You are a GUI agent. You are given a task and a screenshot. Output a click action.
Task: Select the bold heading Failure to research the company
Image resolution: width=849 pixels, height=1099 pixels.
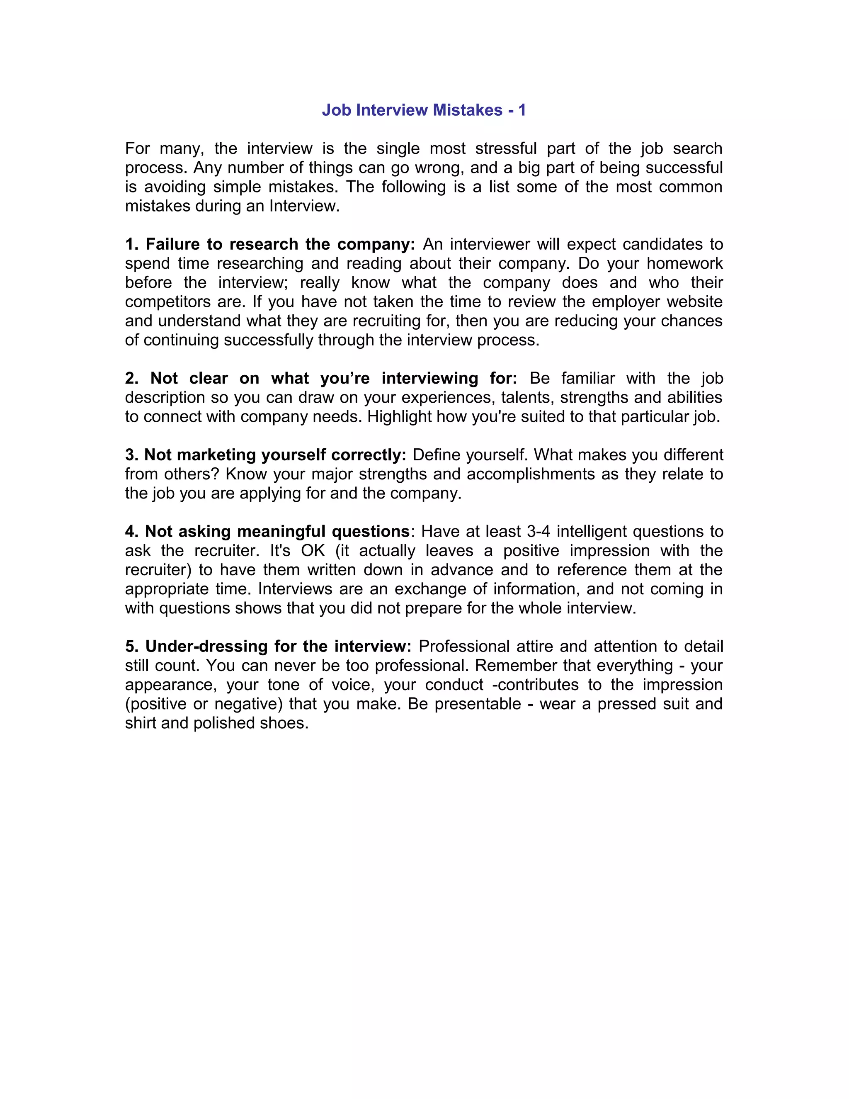click(x=270, y=245)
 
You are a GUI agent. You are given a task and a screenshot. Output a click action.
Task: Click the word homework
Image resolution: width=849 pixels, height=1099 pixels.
click(x=684, y=264)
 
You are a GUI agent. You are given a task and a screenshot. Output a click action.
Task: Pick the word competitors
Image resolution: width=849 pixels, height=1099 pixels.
click(x=167, y=302)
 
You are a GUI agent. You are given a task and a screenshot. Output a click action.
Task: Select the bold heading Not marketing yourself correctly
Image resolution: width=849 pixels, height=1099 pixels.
click(x=266, y=455)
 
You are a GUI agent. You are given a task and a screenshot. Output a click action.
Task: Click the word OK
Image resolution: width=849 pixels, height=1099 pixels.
click(x=313, y=551)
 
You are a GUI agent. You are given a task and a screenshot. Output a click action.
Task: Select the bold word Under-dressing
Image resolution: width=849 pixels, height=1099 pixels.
click(x=206, y=647)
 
